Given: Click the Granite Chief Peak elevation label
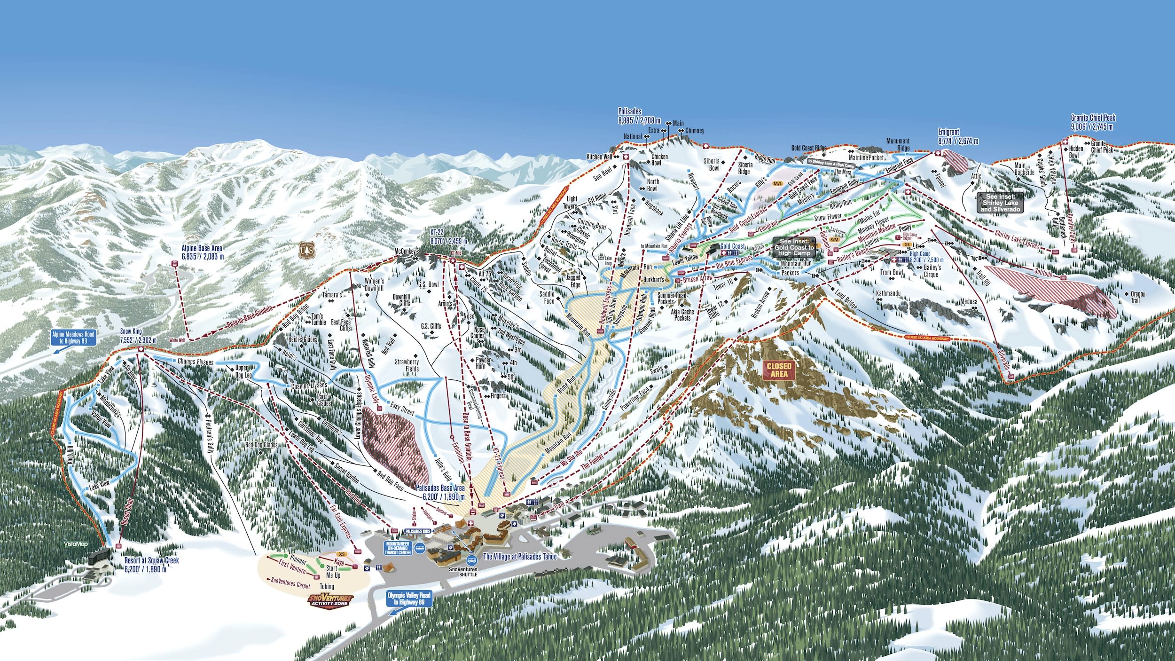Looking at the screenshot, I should pyautogui.click(x=1093, y=122).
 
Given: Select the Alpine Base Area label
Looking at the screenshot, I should pyautogui.click(x=203, y=252).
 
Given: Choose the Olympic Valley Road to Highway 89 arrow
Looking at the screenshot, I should pyautogui.click(x=408, y=598).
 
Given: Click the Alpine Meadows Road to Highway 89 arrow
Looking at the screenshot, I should pyautogui.click(x=74, y=338).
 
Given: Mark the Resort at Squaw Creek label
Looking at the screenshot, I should pyautogui.click(x=152, y=564).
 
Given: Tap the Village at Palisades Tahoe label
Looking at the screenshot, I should pyautogui.click(x=519, y=557).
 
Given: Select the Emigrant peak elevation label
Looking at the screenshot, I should pyautogui.click(x=958, y=136).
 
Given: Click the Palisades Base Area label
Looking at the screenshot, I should pyautogui.click(x=440, y=493).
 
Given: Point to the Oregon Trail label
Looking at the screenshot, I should pyautogui.click(x=1138, y=297).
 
